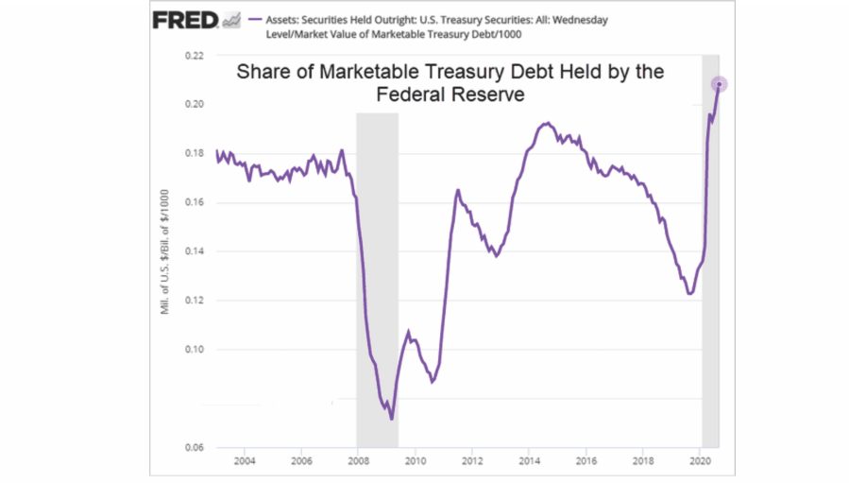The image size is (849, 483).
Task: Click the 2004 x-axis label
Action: coord(244,461)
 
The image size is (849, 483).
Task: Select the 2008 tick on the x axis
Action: coord(358,461)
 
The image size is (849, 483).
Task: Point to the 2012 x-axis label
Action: coord(472,461)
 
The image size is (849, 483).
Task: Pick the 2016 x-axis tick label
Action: coord(586,461)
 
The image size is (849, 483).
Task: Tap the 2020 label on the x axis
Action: coord(701,461)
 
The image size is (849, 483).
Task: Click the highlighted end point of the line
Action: coord(720,85)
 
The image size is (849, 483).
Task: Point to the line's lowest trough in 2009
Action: coord(391,419)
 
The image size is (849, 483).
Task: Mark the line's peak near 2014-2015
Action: coord(547,123)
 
